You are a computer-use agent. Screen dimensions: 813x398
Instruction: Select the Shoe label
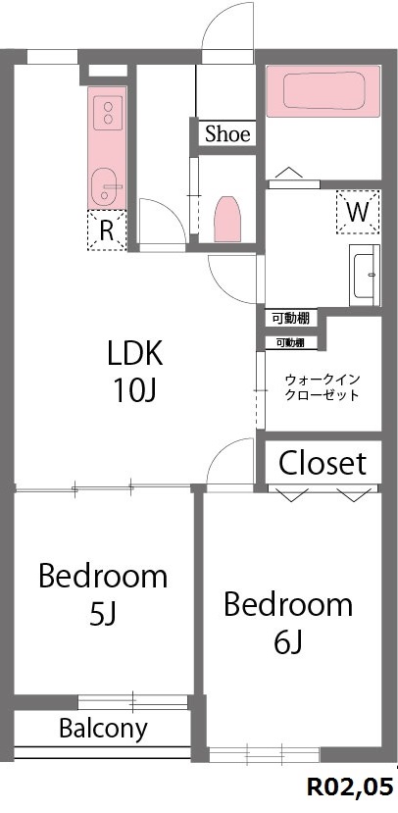click(x=227, y=134)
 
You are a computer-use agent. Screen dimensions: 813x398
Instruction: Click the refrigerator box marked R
click(x=106, y=230)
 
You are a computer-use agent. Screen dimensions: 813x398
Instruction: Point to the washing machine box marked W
click(x=356, y=211)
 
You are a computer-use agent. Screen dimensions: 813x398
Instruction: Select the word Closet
click(x=323, y=463)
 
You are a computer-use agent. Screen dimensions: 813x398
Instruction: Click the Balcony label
click(x=103, y=729)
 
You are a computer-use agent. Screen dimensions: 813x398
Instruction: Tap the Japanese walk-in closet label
click(x=321, y=386)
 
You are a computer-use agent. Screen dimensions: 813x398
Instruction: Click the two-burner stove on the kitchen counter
click(x=105, y=110)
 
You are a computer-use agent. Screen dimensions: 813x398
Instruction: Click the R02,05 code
click(x=350, y=788)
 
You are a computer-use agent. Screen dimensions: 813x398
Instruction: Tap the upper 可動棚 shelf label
click(x=291, y=319)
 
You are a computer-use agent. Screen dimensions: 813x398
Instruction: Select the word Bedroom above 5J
click(x=103, y=576)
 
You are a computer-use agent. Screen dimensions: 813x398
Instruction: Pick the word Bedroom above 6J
click(x=288, y=604)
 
